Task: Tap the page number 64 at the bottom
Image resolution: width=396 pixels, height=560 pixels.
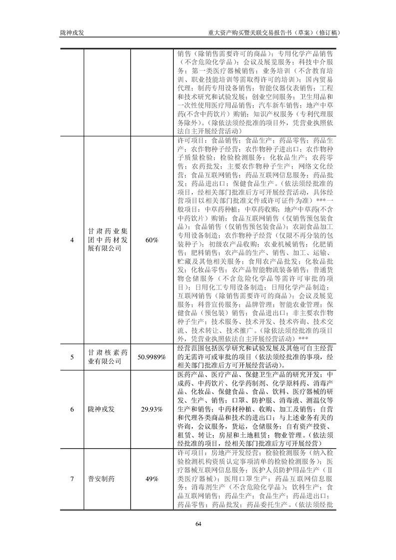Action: (198, 524)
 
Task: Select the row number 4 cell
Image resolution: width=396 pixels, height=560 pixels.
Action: (72, 240)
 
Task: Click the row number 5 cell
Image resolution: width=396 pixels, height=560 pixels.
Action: (72, 357)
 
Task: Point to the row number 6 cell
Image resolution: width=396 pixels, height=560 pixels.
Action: (72, 409)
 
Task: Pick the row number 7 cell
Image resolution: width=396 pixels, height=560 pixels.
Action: (72, 479)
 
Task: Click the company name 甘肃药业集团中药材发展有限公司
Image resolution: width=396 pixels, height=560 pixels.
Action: (108, 240)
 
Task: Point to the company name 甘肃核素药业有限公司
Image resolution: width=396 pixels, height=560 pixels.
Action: (108, 357)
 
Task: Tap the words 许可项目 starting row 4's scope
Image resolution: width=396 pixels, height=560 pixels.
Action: (190, 141)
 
